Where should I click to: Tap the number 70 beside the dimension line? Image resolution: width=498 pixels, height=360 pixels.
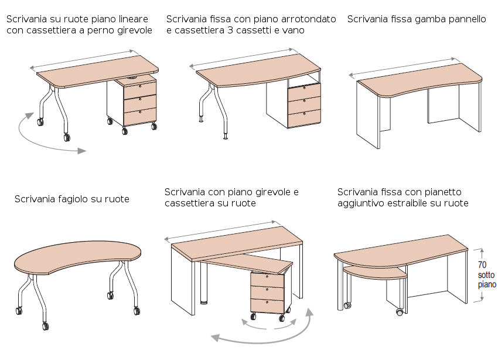pos(482,264)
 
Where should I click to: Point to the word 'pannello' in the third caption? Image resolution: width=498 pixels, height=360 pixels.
pos(465,19)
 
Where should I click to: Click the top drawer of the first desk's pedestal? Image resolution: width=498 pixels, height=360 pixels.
pos(140,89)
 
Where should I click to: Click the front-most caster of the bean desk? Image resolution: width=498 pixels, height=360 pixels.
pos(45,326)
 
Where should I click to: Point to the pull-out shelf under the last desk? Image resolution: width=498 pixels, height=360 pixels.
pos(374,271)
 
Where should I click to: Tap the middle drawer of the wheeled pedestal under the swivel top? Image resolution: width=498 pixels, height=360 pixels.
pos(267,291)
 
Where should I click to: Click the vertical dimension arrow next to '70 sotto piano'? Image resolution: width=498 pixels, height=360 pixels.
pos(482,276)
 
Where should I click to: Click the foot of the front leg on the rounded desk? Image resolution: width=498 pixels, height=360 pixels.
pos(226,138)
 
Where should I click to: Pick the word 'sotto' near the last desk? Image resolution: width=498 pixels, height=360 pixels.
pos(486,274)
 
